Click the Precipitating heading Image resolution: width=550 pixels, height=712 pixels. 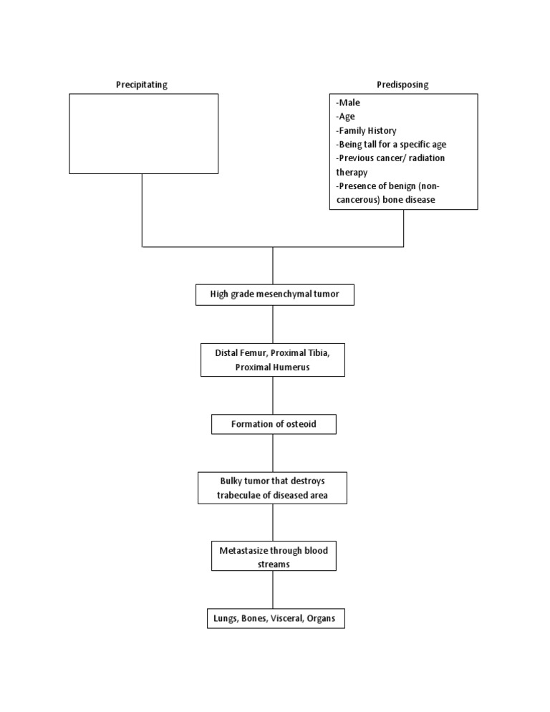pos(142,85)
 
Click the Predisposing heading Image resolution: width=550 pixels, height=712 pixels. pos(402,85)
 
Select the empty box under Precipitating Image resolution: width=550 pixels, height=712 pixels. pos(143,133)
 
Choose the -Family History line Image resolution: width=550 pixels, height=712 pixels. pos(366,130)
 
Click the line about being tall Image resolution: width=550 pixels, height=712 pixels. pos(391,145)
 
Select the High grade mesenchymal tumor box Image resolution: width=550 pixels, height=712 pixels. pos(274,294)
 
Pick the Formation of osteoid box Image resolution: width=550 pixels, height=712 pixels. pos(274,424)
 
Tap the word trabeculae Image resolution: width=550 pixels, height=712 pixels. pos(245,495)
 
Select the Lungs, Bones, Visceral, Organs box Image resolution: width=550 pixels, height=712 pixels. pos(275,618)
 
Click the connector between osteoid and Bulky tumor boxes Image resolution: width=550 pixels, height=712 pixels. pos(273,453)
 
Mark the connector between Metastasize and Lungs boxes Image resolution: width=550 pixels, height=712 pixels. pos(273,590)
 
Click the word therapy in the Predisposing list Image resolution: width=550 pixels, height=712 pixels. pos(352,172)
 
